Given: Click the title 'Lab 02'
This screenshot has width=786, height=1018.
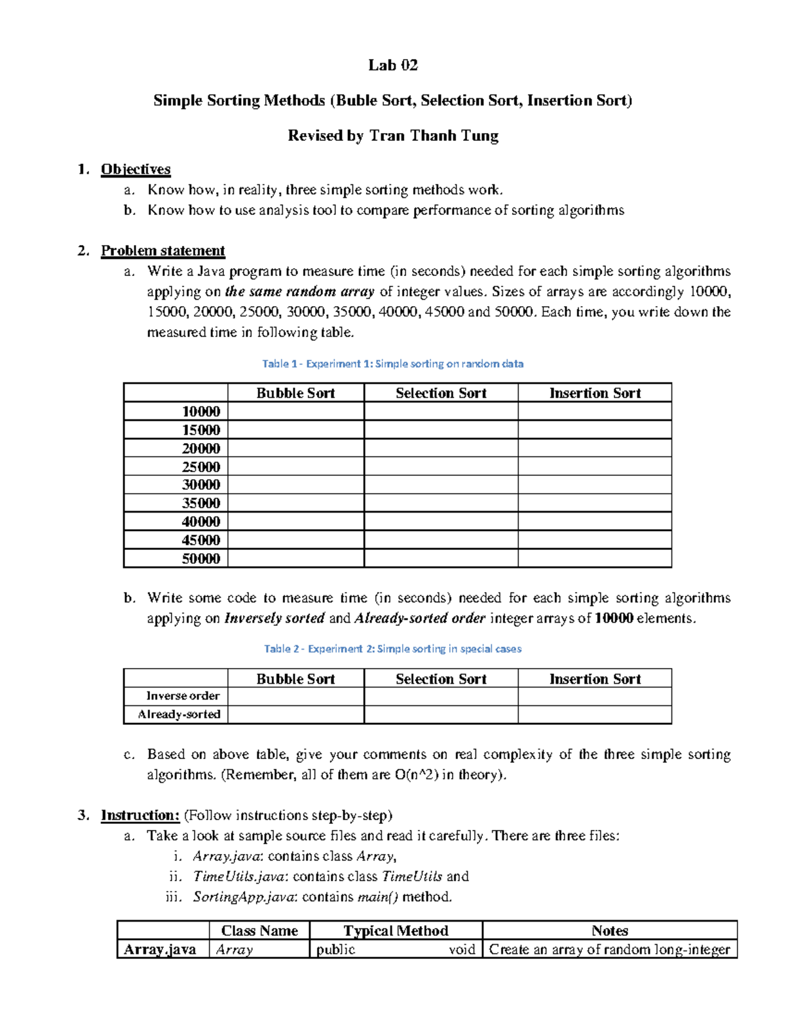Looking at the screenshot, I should click(392, 65).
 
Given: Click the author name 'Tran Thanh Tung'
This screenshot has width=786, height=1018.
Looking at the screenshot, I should click(434, 136).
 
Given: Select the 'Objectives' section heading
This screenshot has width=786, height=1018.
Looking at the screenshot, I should click(136, 169).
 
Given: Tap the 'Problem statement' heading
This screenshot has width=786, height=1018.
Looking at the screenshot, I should click(162, 250).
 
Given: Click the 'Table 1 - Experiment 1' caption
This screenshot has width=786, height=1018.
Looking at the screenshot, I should click(392, 363).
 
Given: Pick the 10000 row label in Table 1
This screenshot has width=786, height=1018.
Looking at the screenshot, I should click(200, 412).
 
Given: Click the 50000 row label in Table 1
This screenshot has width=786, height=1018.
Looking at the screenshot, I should click(200, 558).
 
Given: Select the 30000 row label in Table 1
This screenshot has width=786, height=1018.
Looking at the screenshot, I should click(200, 485).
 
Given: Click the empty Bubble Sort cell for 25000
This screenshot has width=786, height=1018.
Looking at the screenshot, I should click(295, 467).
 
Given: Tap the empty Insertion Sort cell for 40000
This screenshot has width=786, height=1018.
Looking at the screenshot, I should click(594, 522).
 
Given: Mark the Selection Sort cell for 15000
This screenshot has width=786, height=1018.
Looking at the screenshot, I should click(441, 430).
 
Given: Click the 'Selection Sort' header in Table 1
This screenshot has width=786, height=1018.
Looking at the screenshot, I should click(441, 393).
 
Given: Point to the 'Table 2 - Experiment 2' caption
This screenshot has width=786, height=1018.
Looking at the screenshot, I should click(392, 648).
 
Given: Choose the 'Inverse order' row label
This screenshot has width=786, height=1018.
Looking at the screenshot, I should click(183, 695).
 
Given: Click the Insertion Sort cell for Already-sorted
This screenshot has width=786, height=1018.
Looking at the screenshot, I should click(594, 715).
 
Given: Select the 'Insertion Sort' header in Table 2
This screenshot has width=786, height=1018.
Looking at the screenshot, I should click(594, 679).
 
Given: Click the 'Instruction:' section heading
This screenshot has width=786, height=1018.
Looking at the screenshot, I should click(140, 815).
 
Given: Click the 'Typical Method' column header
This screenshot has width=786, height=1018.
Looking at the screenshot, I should click(396, 931).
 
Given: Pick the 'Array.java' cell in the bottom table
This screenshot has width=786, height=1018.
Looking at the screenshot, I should click(160, 949).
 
